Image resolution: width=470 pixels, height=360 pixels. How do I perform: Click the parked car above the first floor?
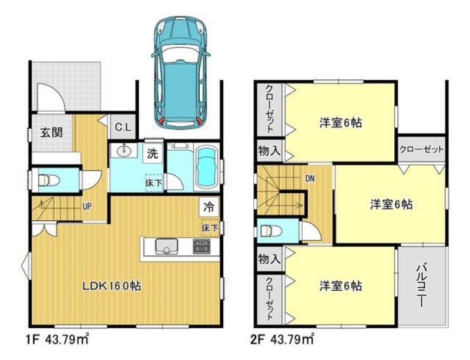click(180, 73)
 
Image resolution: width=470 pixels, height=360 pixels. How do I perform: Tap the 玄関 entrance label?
click(52, 132)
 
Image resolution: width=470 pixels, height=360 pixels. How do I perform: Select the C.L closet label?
click(123, 127)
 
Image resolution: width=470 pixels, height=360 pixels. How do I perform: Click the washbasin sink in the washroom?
click(123, 151)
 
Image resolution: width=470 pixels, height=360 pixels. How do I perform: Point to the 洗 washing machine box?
click(152, 153)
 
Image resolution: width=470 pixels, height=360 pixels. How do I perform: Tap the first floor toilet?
click(49, 180)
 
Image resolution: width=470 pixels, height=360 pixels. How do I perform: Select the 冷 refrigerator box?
click(209, 207)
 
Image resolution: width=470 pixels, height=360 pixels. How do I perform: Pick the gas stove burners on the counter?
click(202, 246)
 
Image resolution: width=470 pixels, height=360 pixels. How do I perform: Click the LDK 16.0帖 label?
click(112, 286)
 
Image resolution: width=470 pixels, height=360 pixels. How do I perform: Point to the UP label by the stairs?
click(87, 206)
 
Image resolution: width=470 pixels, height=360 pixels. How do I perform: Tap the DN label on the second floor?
click(310, 179)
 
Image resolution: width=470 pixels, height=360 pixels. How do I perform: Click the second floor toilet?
click(271, 231)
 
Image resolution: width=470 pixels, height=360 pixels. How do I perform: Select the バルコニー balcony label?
click(421, 284)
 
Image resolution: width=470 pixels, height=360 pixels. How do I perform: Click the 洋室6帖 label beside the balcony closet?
click(391, 204)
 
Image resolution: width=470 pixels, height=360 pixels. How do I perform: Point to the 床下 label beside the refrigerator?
click(210, 228)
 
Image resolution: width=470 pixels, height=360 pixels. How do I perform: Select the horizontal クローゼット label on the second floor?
click(421, 149)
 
